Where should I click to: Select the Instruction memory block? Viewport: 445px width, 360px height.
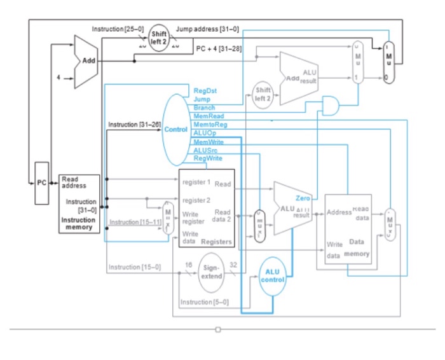tap(79, 204)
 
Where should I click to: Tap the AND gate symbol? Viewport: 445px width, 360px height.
tap(331, 106)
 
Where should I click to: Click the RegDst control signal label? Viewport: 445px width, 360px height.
tap(205, 91)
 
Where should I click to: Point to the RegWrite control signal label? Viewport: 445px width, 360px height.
tap(208, 158)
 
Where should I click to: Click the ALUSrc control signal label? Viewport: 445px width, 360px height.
tap(205, 149)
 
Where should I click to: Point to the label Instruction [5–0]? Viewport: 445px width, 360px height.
tap(204, 301)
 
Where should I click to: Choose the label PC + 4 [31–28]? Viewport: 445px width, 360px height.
tap(219, 48)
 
